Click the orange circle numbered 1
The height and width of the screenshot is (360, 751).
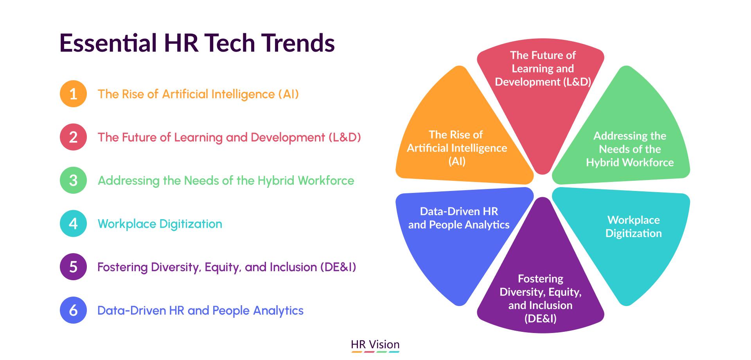(x=73, y=94)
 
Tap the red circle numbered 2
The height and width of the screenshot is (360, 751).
(x=73, y=137)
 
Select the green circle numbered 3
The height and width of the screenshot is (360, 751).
(x=73, y=180)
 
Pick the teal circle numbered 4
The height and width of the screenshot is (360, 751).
(x=73, y=223)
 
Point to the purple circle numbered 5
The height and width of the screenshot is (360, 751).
(x=73, y=267)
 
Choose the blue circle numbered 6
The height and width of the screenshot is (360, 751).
(x=73, y=310)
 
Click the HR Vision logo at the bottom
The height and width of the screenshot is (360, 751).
(x=375, y=345)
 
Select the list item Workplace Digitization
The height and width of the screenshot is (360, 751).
(x=160, y=224)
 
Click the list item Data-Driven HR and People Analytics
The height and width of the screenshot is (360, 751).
(x=200, y=310)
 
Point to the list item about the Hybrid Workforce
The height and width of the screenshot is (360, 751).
(x=226, y=180)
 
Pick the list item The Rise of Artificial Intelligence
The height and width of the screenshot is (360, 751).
(x=198, y=94)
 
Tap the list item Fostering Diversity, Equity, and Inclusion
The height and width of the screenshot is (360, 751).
(x=226, y=267)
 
